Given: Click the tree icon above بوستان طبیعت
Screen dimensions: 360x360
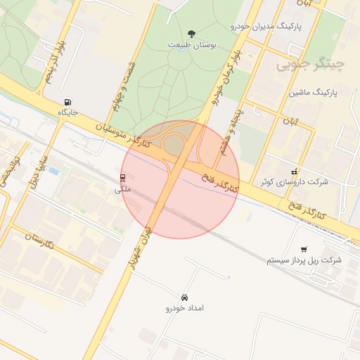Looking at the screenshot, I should tap(191, 34).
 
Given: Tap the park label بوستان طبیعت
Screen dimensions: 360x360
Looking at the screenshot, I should tap(192, 44).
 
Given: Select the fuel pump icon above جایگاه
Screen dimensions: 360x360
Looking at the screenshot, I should tap(67, 102).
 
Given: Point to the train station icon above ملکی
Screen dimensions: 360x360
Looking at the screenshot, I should tap(123, 178).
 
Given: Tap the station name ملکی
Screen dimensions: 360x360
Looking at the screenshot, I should tap(123, 189).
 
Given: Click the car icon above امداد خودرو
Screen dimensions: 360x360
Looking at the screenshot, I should tap(184, 298).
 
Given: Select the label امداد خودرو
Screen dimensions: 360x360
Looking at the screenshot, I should tap(184, 309).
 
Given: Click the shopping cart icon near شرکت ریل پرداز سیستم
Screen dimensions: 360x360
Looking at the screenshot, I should tap(304, 250).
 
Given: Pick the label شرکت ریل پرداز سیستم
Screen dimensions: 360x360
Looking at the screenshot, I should tap(304, 260).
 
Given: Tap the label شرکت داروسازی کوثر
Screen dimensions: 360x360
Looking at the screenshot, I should tap(294, 182).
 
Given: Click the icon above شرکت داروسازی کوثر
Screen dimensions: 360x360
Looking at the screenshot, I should tap(294, 172).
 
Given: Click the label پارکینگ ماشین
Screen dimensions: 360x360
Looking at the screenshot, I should tap(314, 92).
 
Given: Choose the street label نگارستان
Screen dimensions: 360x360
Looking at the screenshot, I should tap(44, 240).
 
